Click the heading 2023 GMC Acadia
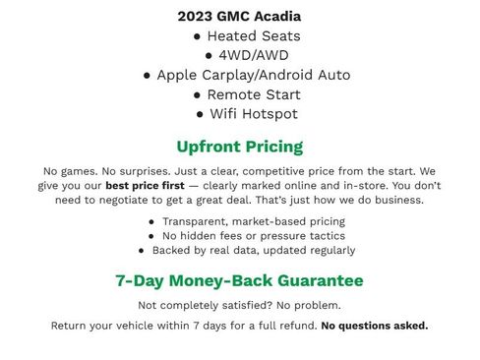pos(239,16)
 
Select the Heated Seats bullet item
pos(246,35)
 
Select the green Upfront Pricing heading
pos(239,147)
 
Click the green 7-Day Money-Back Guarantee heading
pos(239,280)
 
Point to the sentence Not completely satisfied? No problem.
pos(239,305)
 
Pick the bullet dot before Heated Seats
pos(198,36)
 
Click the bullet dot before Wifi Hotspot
pos(201,115)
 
